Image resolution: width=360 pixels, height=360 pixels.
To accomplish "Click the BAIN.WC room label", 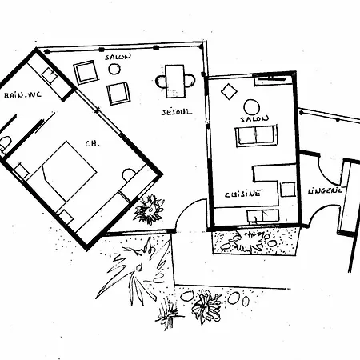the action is coord(22,95).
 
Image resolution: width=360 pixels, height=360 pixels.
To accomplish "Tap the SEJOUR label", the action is coord(177,112).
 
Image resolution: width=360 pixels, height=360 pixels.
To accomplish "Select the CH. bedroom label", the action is coord(92,144).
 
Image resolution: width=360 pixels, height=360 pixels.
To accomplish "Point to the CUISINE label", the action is coord(242,194).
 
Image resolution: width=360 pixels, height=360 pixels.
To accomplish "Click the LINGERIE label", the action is coord(325,191).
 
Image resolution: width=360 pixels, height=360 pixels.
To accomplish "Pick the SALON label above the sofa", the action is coord(254,119).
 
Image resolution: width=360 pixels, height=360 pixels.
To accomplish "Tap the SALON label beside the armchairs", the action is coord(118,57).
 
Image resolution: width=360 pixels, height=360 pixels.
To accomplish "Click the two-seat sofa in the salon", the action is coord(256,136).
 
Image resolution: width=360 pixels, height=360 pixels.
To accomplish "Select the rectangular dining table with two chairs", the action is coord(175,81).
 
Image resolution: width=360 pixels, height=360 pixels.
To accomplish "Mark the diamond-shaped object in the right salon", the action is coord(229,91).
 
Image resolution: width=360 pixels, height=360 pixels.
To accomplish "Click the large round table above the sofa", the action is coord(251,107).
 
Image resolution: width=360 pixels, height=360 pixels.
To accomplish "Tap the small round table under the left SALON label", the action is coord(114,69).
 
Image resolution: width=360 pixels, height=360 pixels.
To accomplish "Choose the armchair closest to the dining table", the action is coord(118,94).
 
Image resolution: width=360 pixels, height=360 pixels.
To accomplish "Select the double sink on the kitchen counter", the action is coord(263,216).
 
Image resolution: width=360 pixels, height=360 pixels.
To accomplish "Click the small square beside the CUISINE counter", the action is coord(288,190).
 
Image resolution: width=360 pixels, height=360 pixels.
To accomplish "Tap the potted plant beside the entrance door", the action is coord(149,210).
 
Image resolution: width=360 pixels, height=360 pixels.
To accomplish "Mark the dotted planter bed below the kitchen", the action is coord(254,242).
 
